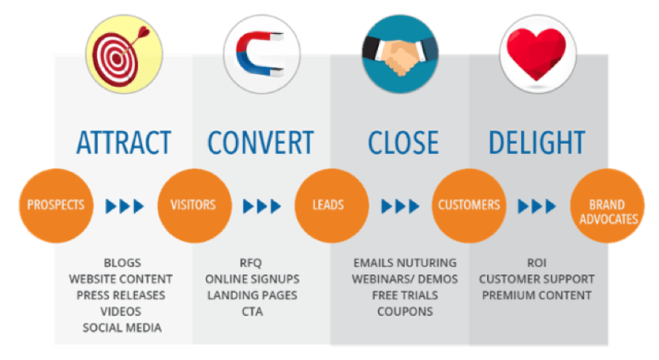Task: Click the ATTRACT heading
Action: click(x=125, y=142)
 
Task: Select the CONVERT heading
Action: click(x=260, y=142)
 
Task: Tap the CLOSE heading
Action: click(x=403, y=142)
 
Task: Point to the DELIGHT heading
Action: click(x=537, y=142)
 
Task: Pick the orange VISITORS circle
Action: click(x=193, y=205)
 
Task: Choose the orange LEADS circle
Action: click(x=328, y=205)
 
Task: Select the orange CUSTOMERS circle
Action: click(x=469, y=205)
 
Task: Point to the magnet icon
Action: click(x=260, y=52)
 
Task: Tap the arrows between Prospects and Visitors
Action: click(x=125, y=206)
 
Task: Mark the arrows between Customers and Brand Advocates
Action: click(x=537, y=206)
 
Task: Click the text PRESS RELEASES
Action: click(x=121, y=294)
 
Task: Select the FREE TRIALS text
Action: click(x=404, y=294)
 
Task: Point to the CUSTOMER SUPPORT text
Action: click(x=537, y=279)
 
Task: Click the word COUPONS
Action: click(x=404, y=311)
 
